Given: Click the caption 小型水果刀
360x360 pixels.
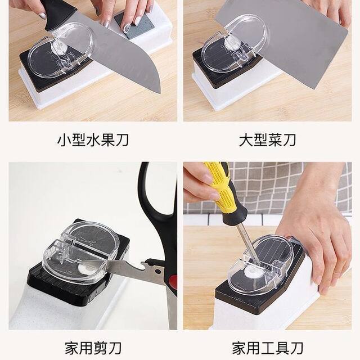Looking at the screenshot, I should tap(93, 139).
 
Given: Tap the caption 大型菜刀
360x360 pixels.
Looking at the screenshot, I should tap(267, 139).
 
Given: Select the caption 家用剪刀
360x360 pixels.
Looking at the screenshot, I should tap(93, 346).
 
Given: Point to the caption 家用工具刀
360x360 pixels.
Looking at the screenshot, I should tap(267, 346).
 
